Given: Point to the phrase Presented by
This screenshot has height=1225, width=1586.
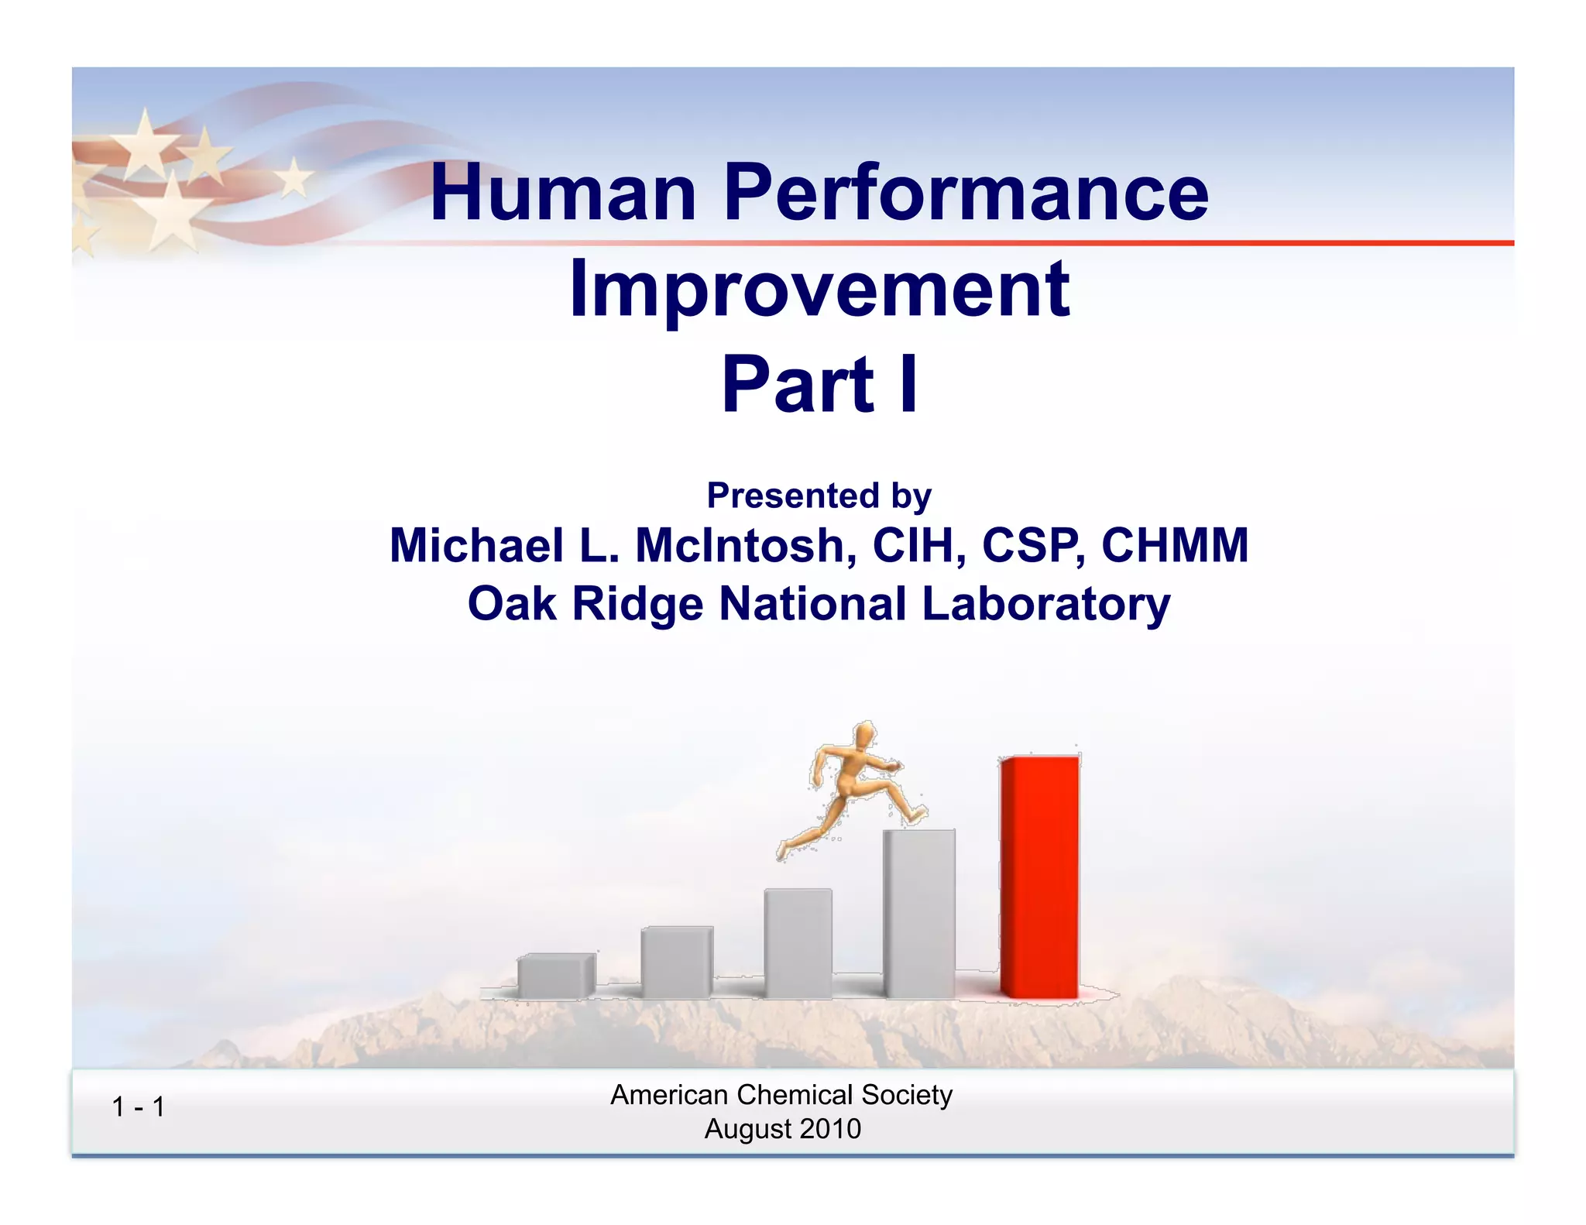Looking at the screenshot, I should pyautogui.click(x=819, y=496).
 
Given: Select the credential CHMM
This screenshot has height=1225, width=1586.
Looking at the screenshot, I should pyautogui.click(x=1175, y=545).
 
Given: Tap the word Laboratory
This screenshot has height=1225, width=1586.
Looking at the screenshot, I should pyautogui.click(x=1045, y=604).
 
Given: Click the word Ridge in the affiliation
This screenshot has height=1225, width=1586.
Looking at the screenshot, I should pyautogui.click(x=637, y=604).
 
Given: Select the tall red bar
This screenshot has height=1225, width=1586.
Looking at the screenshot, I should pyautogui.click(x=1039, y=877).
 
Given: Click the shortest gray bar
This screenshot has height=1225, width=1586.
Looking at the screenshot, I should pyautogui.click(x=555, y=976).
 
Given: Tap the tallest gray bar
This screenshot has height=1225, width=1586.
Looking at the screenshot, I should pyautogui.click(x=919, y=914).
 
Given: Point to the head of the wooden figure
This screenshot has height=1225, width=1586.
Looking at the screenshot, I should pyautogui.click(x=863, y=734).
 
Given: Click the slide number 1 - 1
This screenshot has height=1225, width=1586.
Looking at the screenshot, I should pyautogui.click(x=138, y=1107).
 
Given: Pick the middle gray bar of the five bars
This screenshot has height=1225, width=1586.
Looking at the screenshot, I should pyautogui.click(x=798, y=943).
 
